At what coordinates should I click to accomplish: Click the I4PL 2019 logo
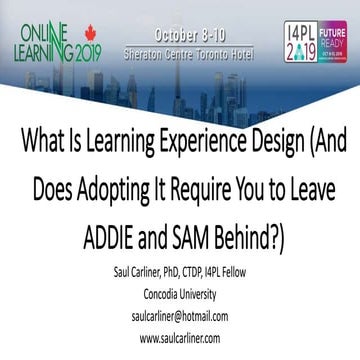(x=300, y=34)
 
